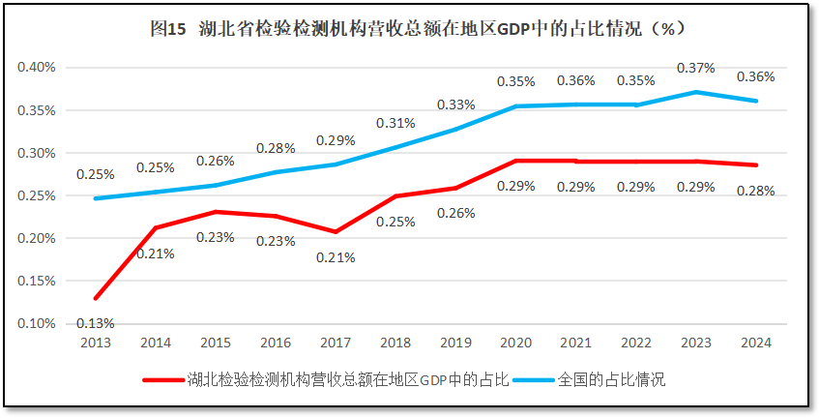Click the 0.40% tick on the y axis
(x=36, y=68)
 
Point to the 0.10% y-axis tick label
(x=36, y=323)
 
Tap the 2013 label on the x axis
(x=96, y=343)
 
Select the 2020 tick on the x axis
(x=515, y=343)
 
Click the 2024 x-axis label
(x=755, y=343)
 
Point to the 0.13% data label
(x=96, y=323)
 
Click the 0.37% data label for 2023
(x=696, y=68)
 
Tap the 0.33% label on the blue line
(x=455, y=104)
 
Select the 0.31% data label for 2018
(x=395, y=123)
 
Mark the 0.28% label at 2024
(x=755, y=191)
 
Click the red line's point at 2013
(x=96, y=298)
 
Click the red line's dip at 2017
(x=336, y=232)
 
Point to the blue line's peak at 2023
(x=695, y=92)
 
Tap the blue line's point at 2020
(x=515, y=106)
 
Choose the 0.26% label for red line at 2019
(x=455, y=212)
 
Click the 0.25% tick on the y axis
(x=36, y=195)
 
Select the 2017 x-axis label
(x=336, y=343)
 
